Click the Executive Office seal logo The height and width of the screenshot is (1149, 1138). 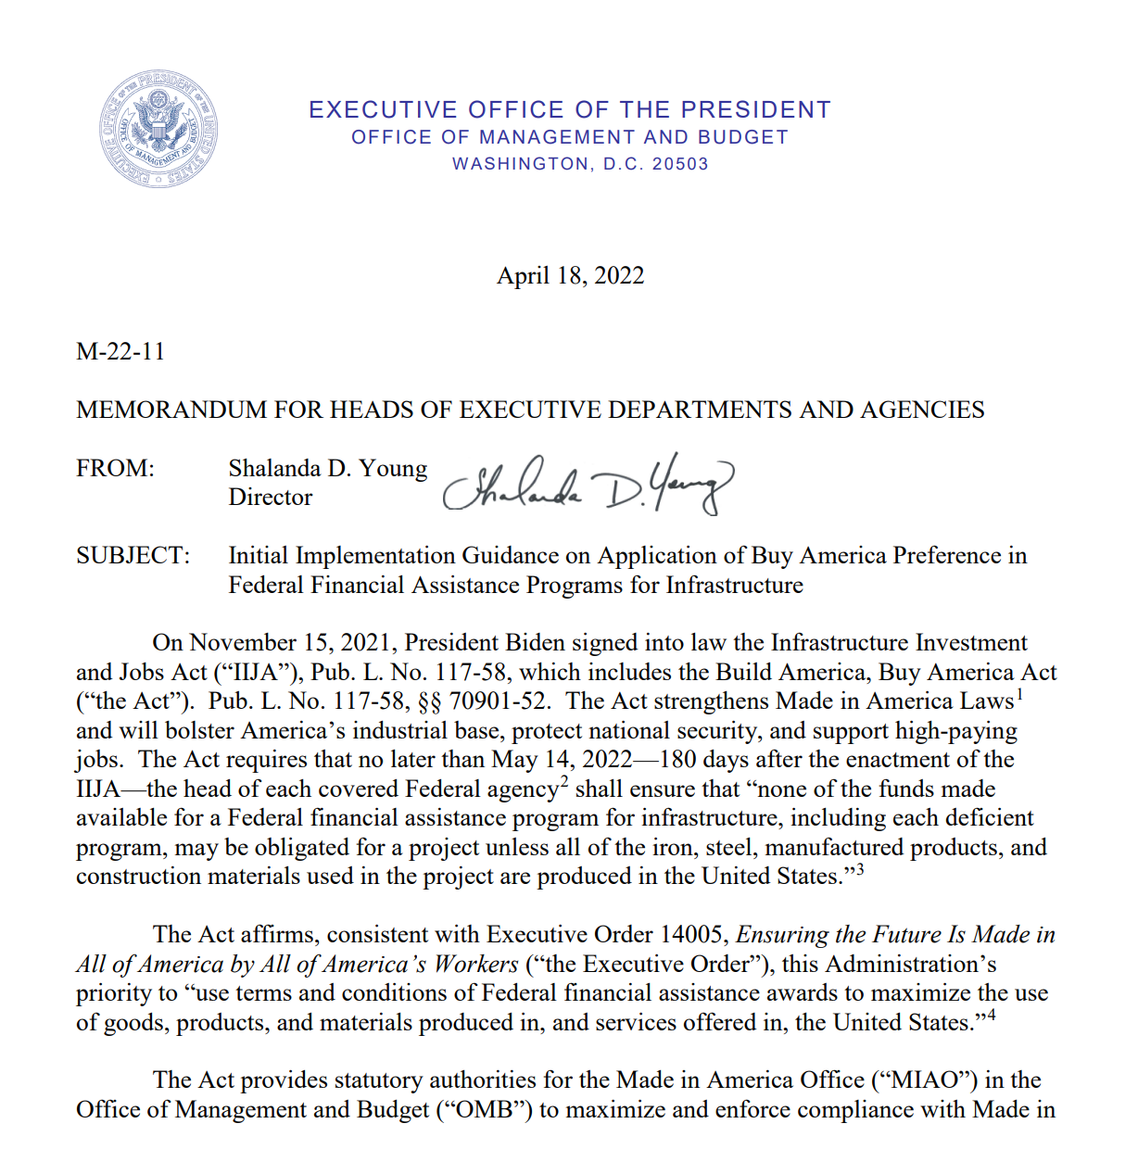158,128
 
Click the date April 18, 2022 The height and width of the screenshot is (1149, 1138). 570,276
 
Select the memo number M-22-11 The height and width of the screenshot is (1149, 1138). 120,352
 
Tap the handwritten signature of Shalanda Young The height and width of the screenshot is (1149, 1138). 588,485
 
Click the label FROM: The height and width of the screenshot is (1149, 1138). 115,469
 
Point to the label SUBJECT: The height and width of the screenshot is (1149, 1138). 133,556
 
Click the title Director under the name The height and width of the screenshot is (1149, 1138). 270,498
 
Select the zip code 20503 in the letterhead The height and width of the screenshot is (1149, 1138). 680,164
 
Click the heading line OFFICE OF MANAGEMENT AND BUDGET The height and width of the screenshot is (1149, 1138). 570,137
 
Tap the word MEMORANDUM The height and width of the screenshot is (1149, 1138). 171,410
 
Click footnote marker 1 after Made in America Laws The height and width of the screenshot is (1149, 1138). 1019,694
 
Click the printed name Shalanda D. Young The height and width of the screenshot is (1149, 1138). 327,469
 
